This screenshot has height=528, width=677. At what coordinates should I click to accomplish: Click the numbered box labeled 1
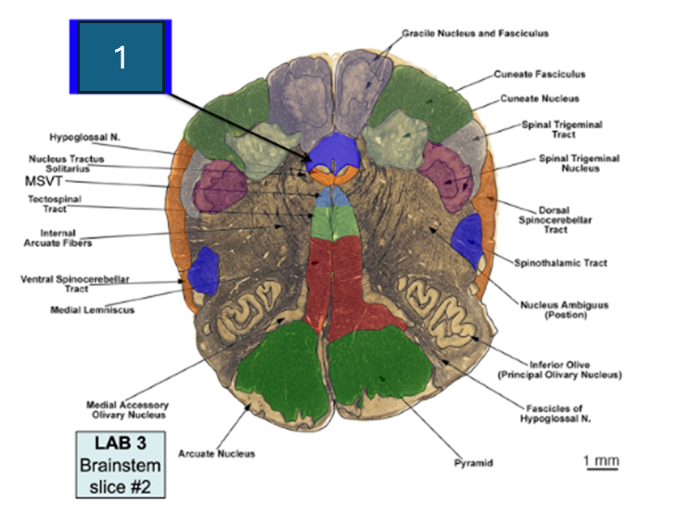(x=120, y=57)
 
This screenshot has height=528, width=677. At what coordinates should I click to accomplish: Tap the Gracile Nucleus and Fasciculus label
(x=475, y=33)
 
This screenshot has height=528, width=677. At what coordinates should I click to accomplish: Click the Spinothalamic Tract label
(x=565, y=263)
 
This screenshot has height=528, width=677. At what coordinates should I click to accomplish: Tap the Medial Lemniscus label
(x=92, y=310)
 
